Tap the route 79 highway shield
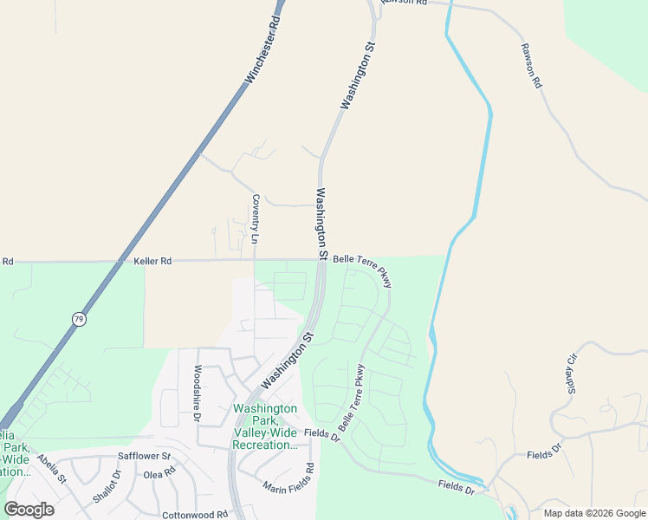pos(79,318)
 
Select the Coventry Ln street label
pos(256,218)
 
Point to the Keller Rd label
pos(153,260)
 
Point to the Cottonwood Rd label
pos(194,514)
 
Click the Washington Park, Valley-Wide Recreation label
pos(265,426)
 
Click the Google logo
pos(29,510)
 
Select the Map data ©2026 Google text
pos(594,513)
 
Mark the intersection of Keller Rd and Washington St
pos(320,259)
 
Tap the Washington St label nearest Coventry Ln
pos(321,224)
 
